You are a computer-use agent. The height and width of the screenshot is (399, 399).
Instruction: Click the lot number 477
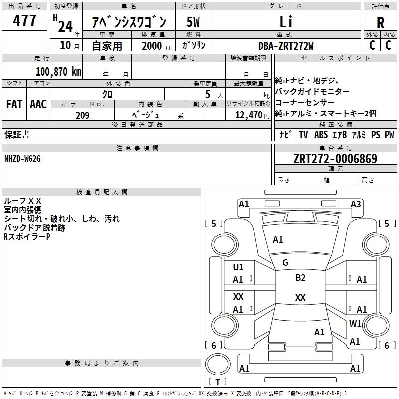click(24, 21)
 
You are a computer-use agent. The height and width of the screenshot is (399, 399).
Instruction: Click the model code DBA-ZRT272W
click(286, 45)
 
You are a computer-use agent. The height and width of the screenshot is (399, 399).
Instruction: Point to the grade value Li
click(286, 22)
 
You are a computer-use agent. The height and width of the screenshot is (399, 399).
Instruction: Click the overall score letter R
click(380, 23)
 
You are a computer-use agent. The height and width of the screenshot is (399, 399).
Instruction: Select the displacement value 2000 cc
click(152, 46)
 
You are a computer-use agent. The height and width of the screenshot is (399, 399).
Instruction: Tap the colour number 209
click(82, 115)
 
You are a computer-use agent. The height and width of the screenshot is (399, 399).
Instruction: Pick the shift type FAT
click(14, 104)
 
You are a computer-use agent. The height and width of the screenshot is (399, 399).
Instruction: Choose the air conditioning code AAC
click(38, 104)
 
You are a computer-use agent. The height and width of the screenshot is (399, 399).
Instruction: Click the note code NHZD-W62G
click(22, 159)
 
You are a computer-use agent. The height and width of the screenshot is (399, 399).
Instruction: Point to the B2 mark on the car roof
click(300, 278)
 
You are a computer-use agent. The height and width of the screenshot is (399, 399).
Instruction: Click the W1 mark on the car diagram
click(355, 323)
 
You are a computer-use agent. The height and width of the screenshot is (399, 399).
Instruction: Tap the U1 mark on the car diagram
click(238, 267)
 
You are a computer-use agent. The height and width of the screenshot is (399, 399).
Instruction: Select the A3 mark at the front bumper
click(356, 204)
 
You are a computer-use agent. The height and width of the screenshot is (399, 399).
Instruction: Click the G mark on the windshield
click(285, 262)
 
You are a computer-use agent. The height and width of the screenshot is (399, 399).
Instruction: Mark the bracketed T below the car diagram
click(217, 382)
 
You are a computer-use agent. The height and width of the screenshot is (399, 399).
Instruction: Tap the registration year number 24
click(65, 24)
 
